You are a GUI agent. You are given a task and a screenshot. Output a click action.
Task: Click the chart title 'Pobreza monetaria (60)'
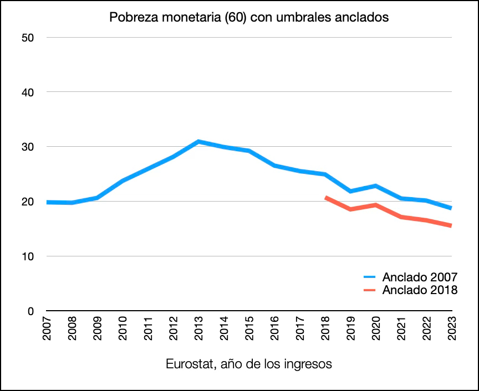(x=249, y=17)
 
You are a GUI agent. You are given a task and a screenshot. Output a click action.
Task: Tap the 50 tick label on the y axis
(x=28, y=38)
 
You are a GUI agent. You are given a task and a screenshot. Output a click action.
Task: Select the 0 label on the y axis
(x=32, y=311)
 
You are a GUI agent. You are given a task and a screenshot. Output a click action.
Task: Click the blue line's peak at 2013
(x=198, y=142)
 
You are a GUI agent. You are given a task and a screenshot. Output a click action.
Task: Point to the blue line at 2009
(x=97, y=198)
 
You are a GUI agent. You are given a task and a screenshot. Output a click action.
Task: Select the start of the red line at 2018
(x=326, y=197)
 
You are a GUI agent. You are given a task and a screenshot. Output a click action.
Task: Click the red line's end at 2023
(x=451, y=225)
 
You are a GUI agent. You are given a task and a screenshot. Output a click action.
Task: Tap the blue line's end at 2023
(x=451, y=208)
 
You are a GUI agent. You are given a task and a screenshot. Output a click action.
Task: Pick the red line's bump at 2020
(x=376, y=205)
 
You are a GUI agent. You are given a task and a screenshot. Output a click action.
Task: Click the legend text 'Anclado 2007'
(x=420, y=276)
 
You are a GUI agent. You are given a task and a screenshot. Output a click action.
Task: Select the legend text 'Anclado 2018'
(x=420, y=290)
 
